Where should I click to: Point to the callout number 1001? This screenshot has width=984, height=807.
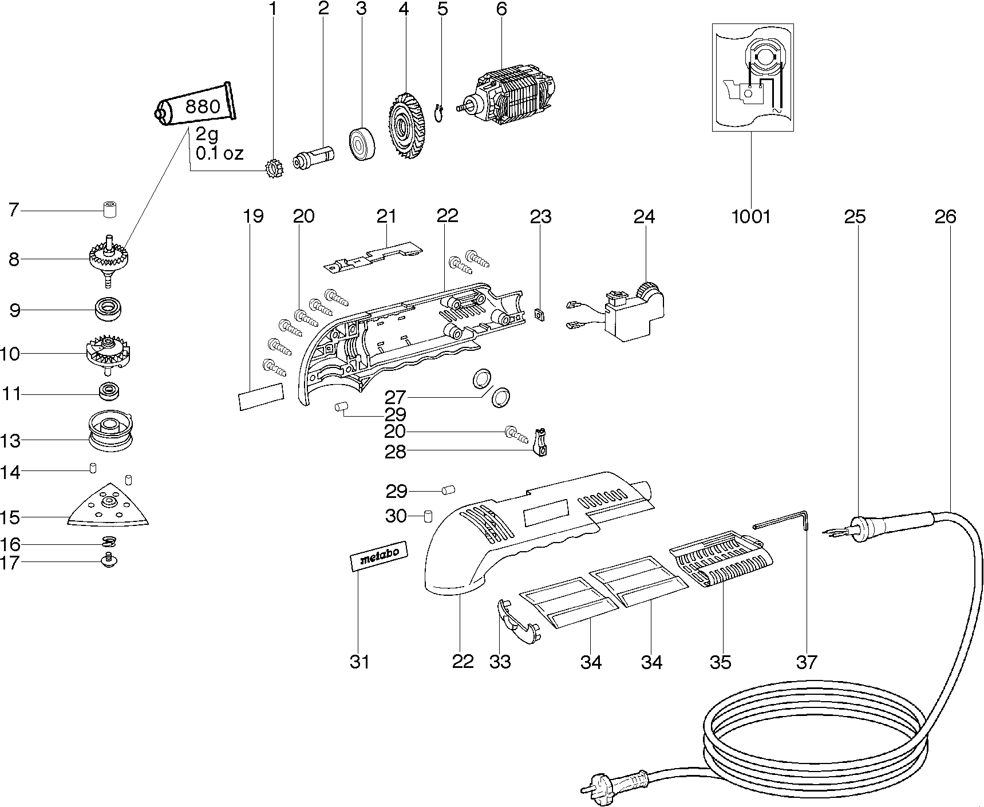coord(751,216)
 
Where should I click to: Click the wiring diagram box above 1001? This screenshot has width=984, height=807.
coord(753,77)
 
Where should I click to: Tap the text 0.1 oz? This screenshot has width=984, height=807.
coord(219,153)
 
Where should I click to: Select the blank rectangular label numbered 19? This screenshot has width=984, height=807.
coord(261,396)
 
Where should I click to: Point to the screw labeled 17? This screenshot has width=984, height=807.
coord(108,562)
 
